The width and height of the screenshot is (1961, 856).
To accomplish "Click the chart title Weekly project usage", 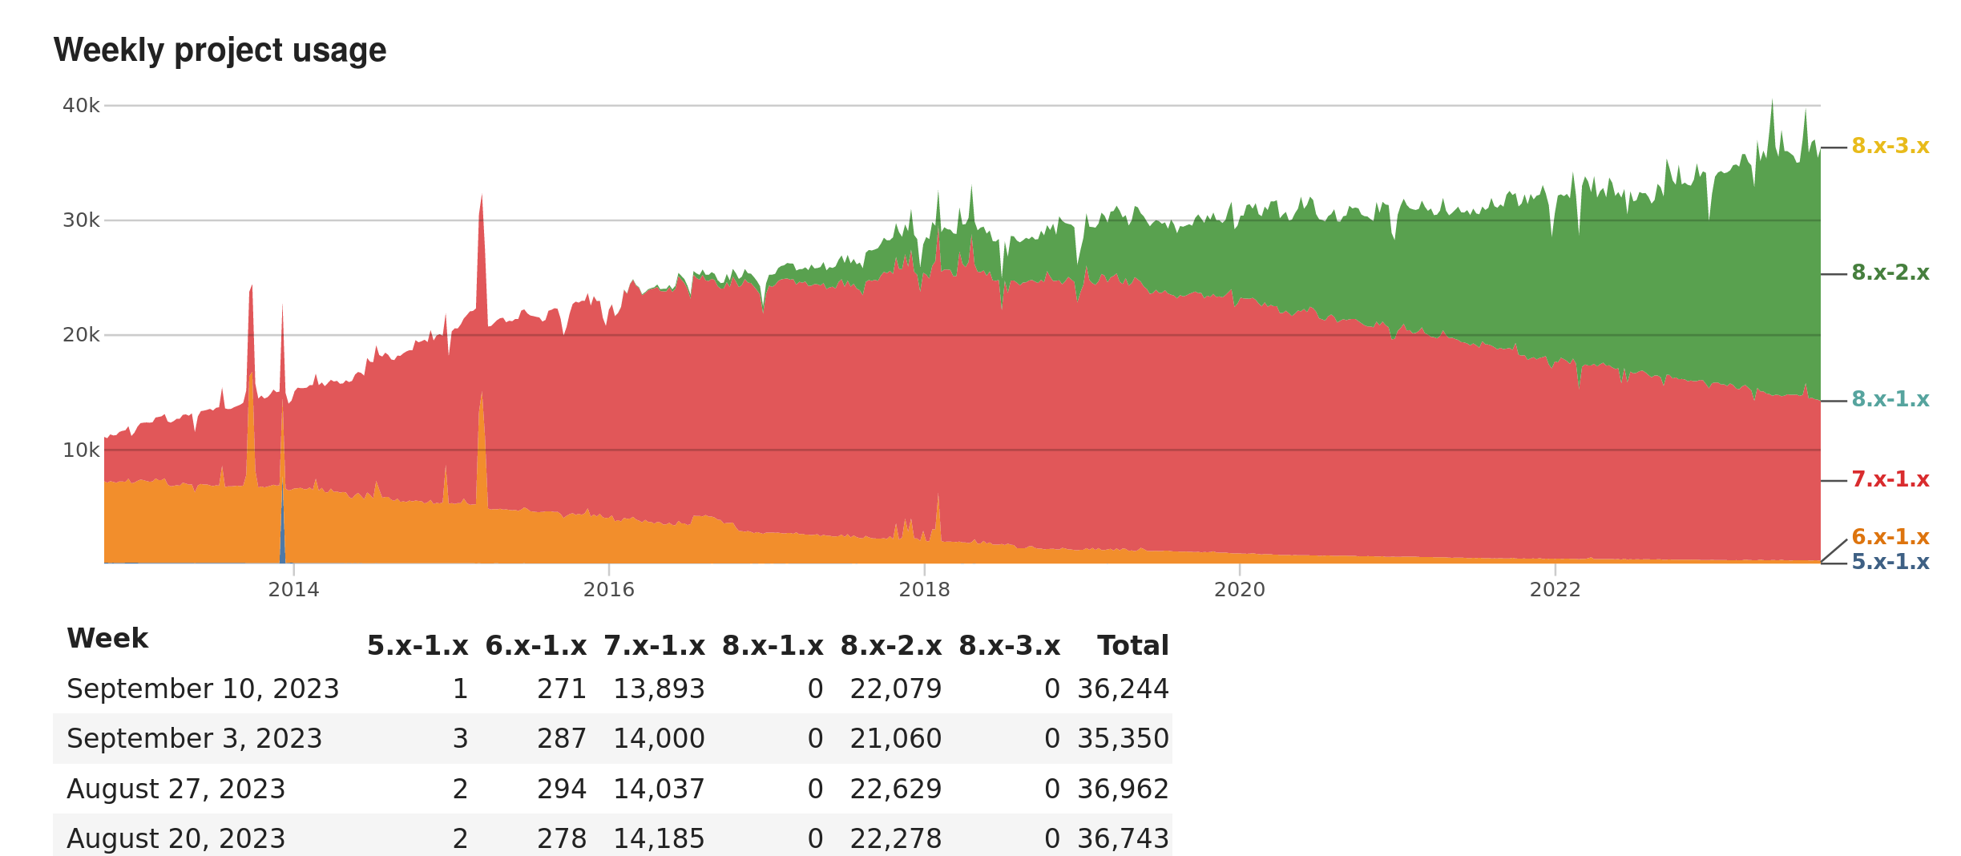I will pos(220,50).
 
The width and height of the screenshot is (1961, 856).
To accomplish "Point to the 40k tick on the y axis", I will pos(81,106).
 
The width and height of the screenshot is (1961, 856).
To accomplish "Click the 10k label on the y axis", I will pos(81,450).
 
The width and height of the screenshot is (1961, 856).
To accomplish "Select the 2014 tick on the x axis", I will pos(293,590).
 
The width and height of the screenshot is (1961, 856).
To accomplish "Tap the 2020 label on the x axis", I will pos(1239,590).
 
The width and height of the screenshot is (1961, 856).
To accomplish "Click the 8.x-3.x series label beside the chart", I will pos(1890,147).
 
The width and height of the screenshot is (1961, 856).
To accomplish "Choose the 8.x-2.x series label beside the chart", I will pos(1890,273).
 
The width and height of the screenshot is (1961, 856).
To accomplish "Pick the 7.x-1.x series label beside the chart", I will pos(1890,480).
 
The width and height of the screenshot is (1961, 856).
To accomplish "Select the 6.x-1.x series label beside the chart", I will pos(1890,537).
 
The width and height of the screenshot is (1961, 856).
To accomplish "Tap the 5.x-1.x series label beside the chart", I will pos(1890,563).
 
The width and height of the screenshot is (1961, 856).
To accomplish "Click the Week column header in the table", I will pos(107,639).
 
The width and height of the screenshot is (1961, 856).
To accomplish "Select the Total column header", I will pos(1132,646).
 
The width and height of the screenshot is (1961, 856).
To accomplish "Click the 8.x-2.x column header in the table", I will pos(890,646).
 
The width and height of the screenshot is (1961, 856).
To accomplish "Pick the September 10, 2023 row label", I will pos(203,689).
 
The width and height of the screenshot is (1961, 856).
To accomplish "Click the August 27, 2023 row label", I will pos(176,789).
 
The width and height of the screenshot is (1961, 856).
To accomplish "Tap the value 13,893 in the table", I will pos(659,689).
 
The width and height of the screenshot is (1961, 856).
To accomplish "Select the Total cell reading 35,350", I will pos(1123,739).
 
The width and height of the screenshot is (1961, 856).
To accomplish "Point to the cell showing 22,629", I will pos(895,789).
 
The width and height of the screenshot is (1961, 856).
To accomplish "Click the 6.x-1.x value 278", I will pos(561,839).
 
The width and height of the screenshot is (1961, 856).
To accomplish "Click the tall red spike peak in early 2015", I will pos(482,196).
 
